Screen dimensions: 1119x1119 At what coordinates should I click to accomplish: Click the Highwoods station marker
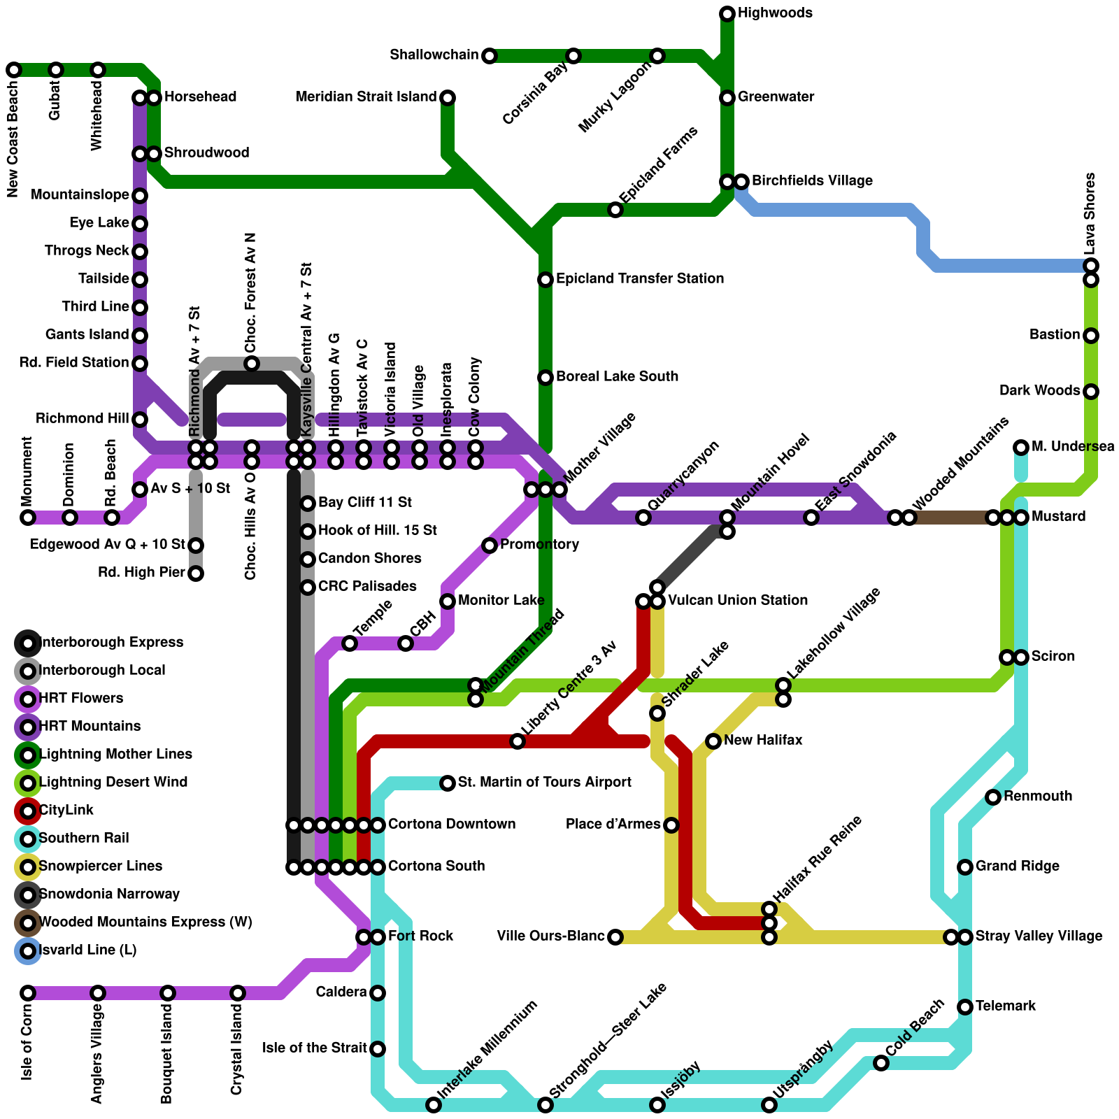tap(727, 13)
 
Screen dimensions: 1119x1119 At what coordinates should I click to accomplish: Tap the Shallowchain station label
tap(434, 55)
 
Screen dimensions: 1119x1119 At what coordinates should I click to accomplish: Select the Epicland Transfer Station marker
tap(546, 280)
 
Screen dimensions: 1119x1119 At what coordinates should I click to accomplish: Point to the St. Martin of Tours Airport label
tap(544, 782)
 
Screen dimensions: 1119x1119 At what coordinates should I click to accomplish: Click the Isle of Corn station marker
tap(28, 993)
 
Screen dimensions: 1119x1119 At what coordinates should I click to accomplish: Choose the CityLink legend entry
tap(66, 811)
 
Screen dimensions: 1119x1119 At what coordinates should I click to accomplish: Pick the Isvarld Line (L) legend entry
tap(87, 950)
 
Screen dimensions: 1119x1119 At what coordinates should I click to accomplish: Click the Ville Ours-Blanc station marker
tap(615, 937)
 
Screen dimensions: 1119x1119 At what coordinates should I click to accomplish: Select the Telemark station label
tap(1006, 1006)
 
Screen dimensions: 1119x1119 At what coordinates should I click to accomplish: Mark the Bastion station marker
tap(1091, 336)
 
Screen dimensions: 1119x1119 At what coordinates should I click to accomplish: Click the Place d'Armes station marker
tap(671, 825)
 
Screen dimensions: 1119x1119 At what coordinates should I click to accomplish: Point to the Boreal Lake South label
tap(617, 377)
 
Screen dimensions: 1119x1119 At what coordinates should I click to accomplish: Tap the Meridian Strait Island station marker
tap(448, 98)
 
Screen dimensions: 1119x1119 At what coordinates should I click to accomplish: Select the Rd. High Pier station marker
tap(197, 573)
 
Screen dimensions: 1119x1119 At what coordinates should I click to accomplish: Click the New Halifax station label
tap(763, 741)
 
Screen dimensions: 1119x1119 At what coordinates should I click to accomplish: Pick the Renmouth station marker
tap(993, 797)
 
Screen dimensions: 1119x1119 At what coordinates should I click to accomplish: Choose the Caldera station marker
tap(378, 993)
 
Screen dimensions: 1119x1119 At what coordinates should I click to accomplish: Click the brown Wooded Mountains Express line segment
tap(951, 518)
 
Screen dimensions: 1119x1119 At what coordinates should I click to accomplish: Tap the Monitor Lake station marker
tap(448, 601)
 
